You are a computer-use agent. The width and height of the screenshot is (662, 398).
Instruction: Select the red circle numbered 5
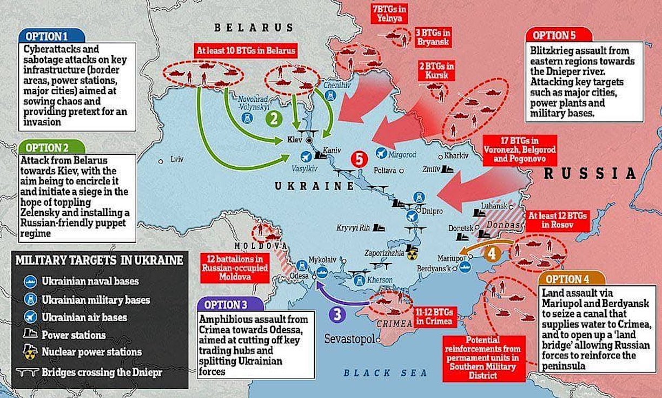(359, 159)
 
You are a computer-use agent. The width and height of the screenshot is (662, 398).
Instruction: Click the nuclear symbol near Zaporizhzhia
(413, 253)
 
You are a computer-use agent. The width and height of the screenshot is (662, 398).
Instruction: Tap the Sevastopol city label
(349, 339)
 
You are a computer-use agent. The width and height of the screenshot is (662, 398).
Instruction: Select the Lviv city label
(176, 161)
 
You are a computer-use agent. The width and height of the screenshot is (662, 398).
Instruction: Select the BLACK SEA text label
(386, 373)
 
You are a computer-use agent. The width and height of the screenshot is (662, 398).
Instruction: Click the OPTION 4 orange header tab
(566, 279)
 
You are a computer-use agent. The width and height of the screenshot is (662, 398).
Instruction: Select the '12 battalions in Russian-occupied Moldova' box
(234, 267)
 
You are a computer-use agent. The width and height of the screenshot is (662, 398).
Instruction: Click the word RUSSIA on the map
(590, 173)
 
